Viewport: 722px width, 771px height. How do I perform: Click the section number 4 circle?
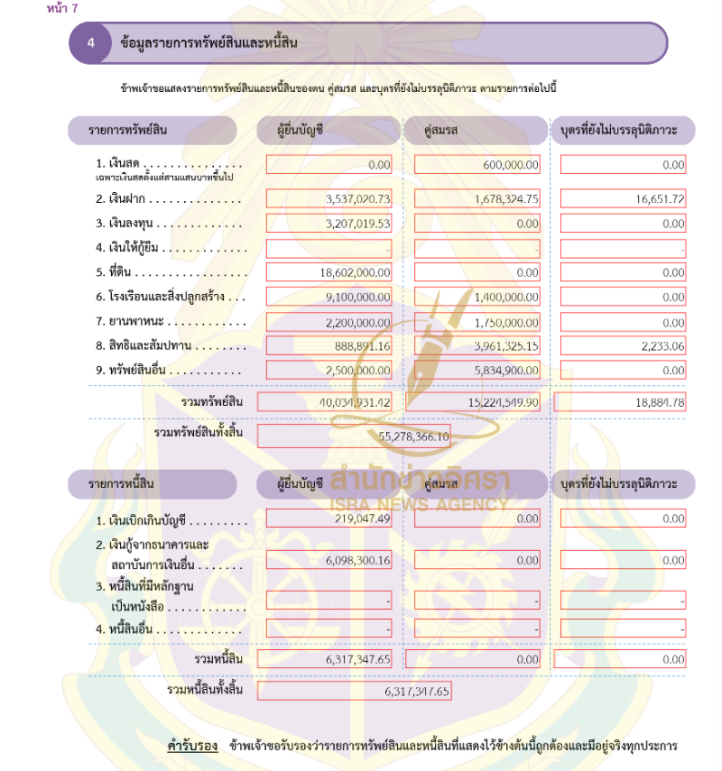click(91, 42)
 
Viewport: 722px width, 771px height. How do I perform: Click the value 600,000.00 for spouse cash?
click(509, 165)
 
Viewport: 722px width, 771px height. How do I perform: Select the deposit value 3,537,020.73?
click(358, 199)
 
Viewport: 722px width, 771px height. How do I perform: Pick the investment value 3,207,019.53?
click(358, 224)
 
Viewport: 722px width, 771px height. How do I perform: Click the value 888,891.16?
click(362, 345)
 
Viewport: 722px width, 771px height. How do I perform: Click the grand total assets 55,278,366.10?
click(416, 436)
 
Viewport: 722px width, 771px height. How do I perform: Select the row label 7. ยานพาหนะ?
click(131, 321)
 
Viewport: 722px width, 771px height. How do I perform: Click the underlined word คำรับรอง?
click(193, 747)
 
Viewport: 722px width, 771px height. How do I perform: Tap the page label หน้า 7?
click(62, 8)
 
